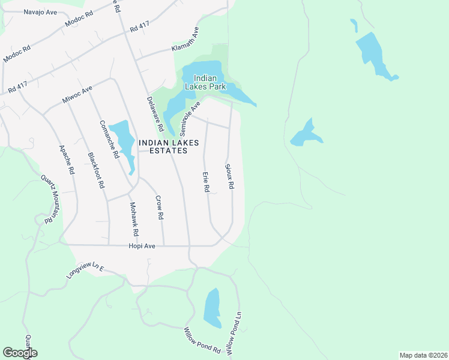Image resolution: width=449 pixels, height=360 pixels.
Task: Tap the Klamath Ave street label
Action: [185, 40]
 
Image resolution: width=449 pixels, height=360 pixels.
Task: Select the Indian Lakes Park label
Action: [209, 82]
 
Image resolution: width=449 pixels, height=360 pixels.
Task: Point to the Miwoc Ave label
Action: [77, 94]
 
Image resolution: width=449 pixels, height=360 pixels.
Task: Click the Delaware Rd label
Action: [155, 114]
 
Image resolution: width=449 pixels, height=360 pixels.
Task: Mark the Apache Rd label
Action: [66, 160]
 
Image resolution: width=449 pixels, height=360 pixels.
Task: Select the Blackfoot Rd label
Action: [96, 171]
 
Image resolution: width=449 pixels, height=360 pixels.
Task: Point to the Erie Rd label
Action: [205, 182]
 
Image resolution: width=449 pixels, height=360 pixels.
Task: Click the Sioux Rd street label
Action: [229, 176]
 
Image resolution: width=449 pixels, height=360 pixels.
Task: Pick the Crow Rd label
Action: [160, 208]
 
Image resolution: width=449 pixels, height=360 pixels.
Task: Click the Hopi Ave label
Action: [142, 246]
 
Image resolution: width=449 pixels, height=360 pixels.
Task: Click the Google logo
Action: [20, 353]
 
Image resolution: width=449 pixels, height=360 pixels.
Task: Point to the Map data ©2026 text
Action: [423, 355]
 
